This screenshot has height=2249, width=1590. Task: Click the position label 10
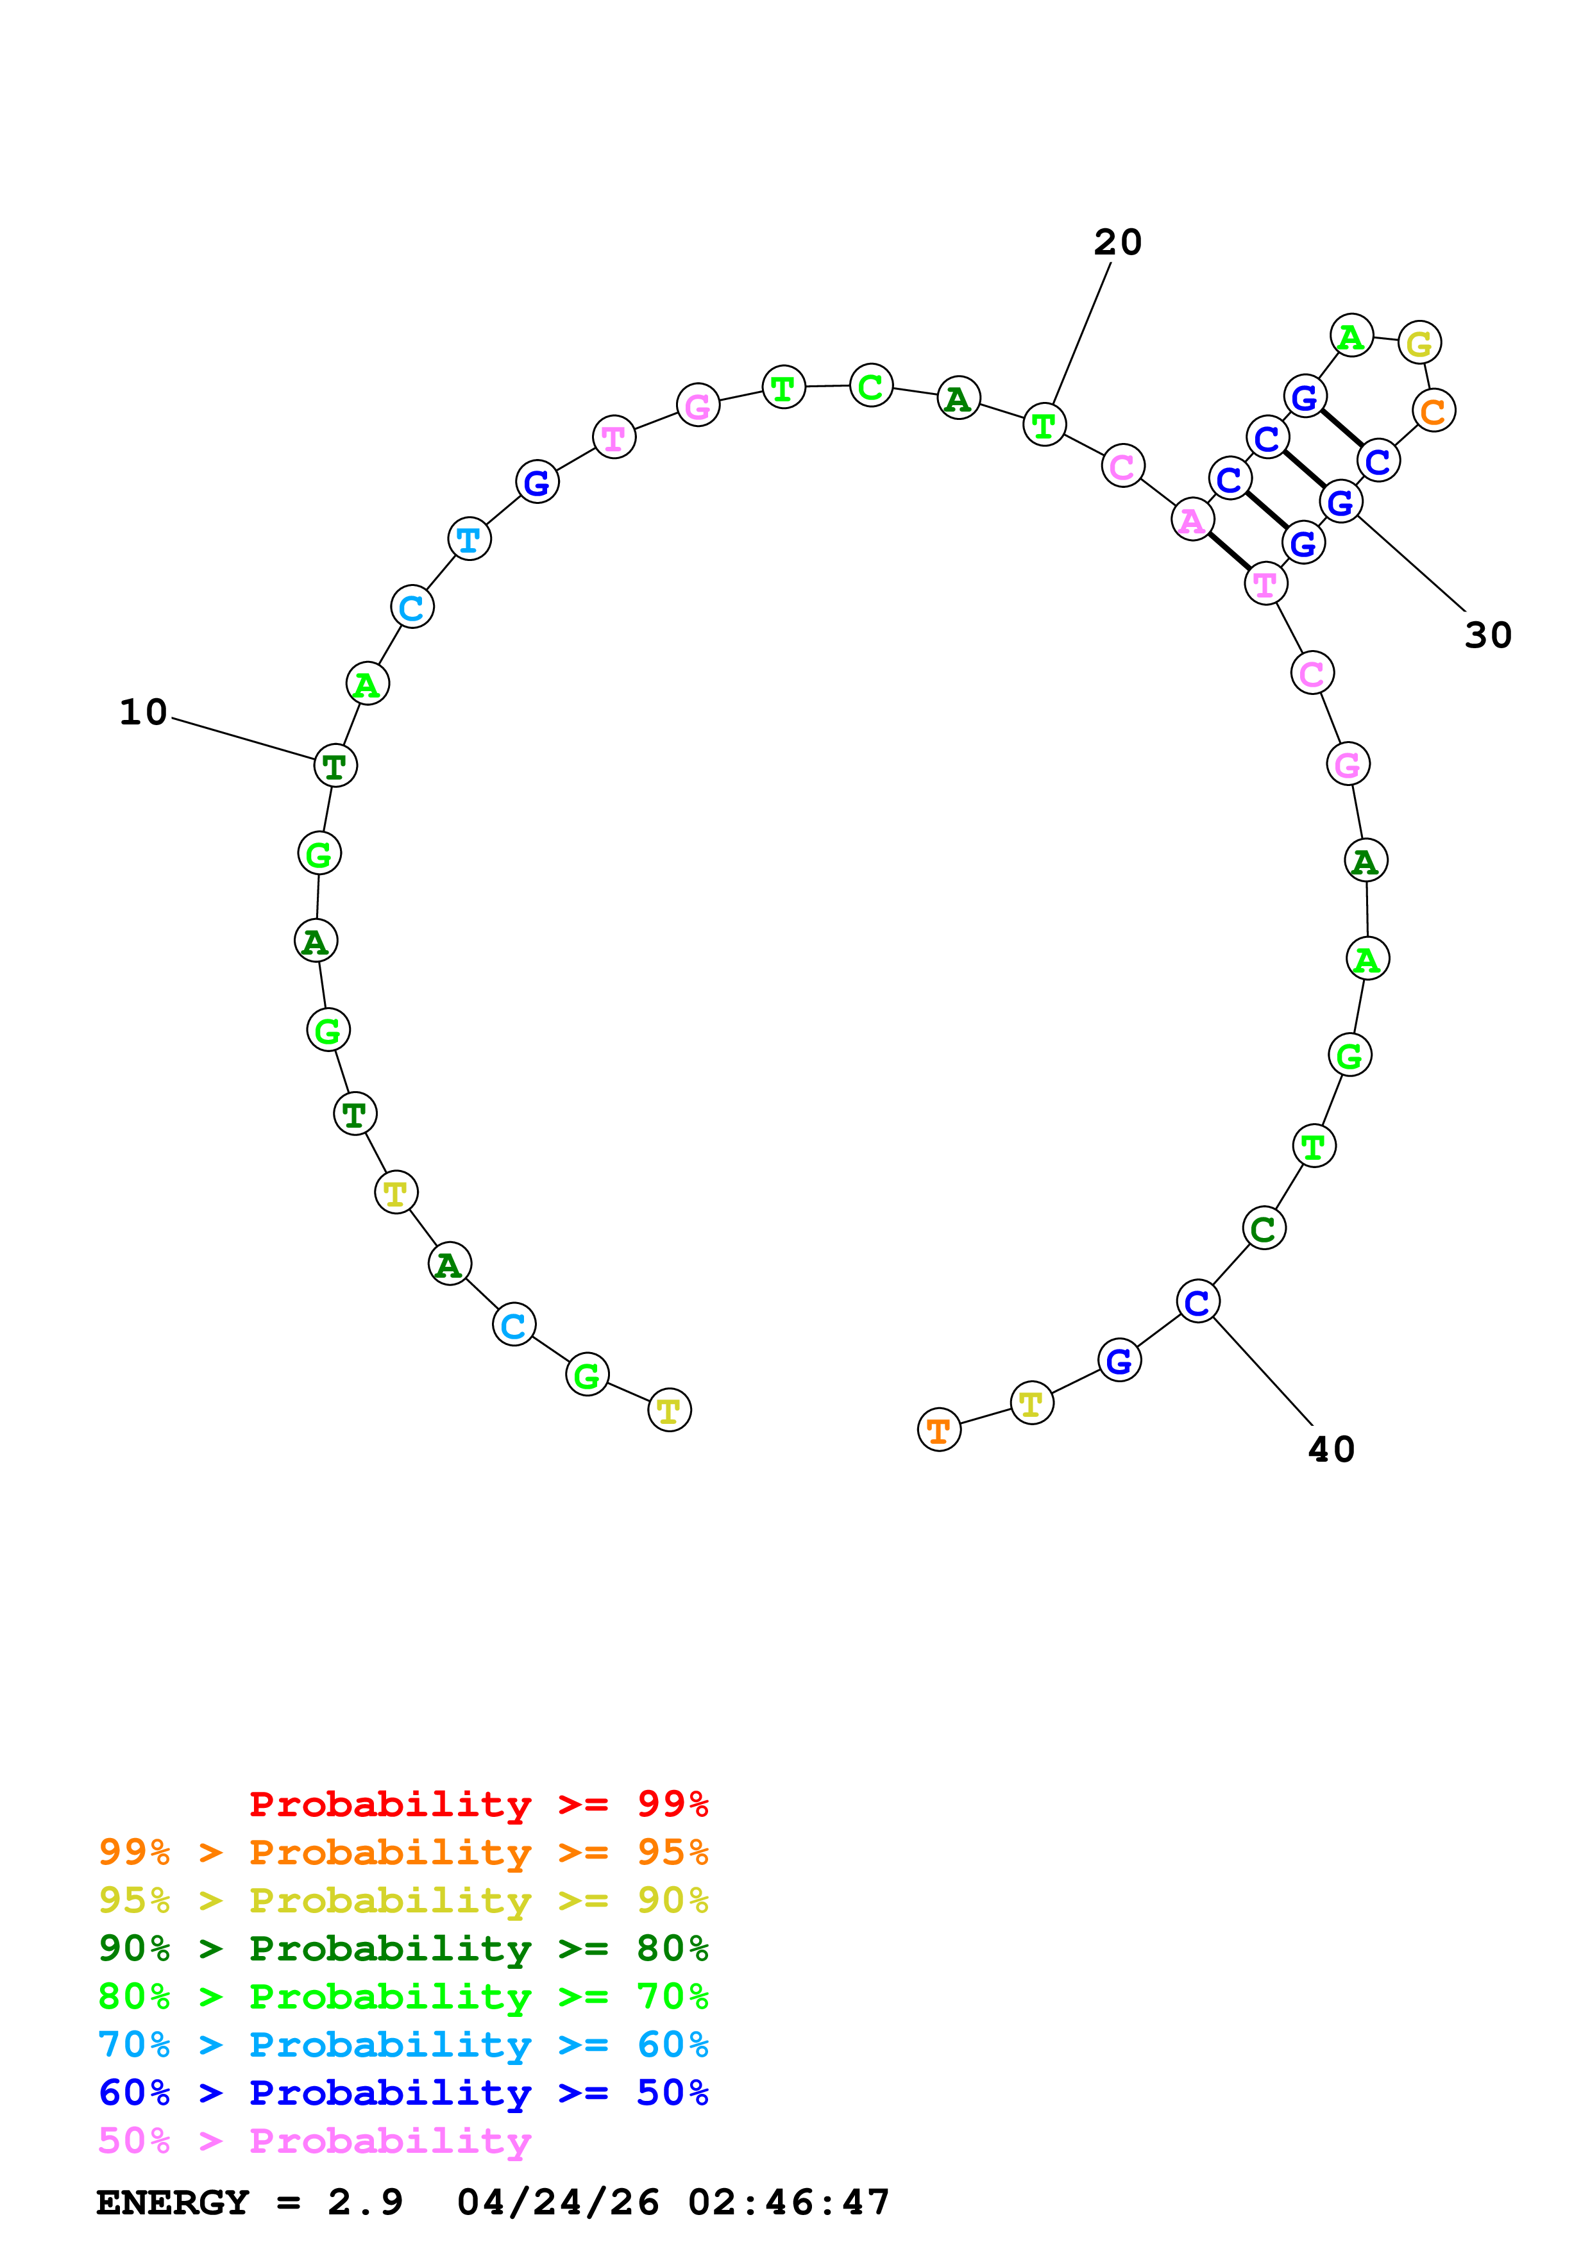pos(143,712)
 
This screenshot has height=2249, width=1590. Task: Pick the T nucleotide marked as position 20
pos(1044,425)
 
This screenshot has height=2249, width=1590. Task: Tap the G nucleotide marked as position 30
pos(1341,503)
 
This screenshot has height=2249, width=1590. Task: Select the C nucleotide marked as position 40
pos(1197,1302)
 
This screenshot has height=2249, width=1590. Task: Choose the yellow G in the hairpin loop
pos(1419,343)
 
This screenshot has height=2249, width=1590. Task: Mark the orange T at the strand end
pos(938,1430)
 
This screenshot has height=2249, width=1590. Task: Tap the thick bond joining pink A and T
pos(1228,553)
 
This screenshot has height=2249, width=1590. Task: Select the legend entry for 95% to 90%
pos(403,1900)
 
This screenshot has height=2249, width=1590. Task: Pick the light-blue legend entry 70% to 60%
pos(403,2044)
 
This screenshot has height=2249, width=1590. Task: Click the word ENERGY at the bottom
pos(173,2202)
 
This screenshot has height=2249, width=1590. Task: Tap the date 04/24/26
pos(557,2202)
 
